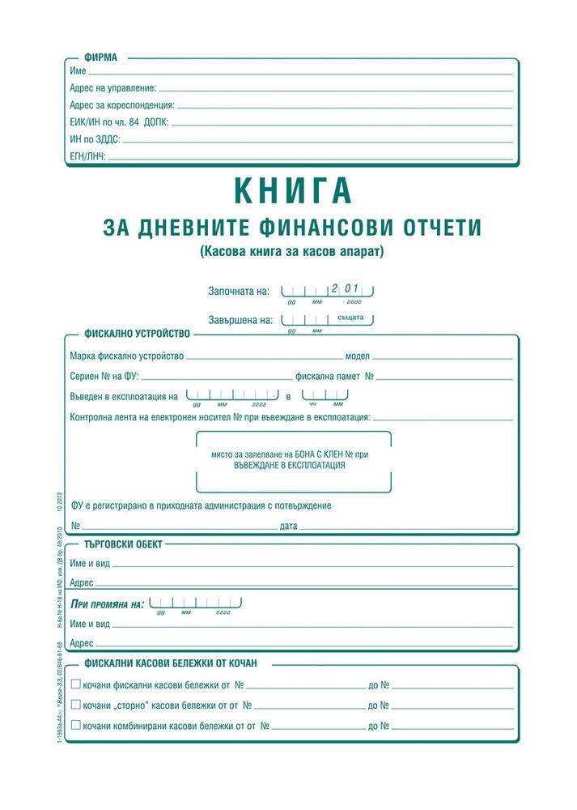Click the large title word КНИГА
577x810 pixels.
click(293, 190)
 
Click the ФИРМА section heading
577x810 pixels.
click(101, 58)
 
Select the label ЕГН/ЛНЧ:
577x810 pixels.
click(88, 155)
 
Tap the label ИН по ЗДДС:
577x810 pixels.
click(95, 139)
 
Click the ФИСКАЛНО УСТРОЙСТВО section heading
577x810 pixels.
click(137, 333)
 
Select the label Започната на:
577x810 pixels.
click(239, 290)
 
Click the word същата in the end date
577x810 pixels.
click(352, 318)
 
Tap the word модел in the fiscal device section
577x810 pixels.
click(358, 356)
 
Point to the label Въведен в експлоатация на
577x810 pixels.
click(124, 397)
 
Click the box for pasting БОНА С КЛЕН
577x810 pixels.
click(294, 461)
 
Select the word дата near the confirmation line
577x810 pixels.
click(289, 526)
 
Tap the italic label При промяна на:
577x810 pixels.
click(108, 604)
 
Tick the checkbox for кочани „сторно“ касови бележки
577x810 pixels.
click(76, 705)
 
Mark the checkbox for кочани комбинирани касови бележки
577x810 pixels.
click(76, 724)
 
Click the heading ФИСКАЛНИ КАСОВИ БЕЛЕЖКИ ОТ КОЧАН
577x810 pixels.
click(171, 663)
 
